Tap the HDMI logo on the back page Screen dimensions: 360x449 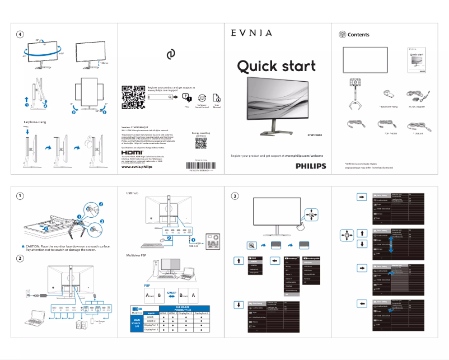click(132, 152)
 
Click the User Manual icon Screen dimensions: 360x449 click(217, 97)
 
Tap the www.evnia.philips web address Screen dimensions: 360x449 click(137, 167)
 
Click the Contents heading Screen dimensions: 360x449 click(358, 35)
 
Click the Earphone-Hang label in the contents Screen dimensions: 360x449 click(387, 106)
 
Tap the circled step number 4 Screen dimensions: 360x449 click(21, 34)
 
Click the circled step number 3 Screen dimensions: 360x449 click(235, 195)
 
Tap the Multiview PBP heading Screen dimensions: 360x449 click(135, 255)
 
